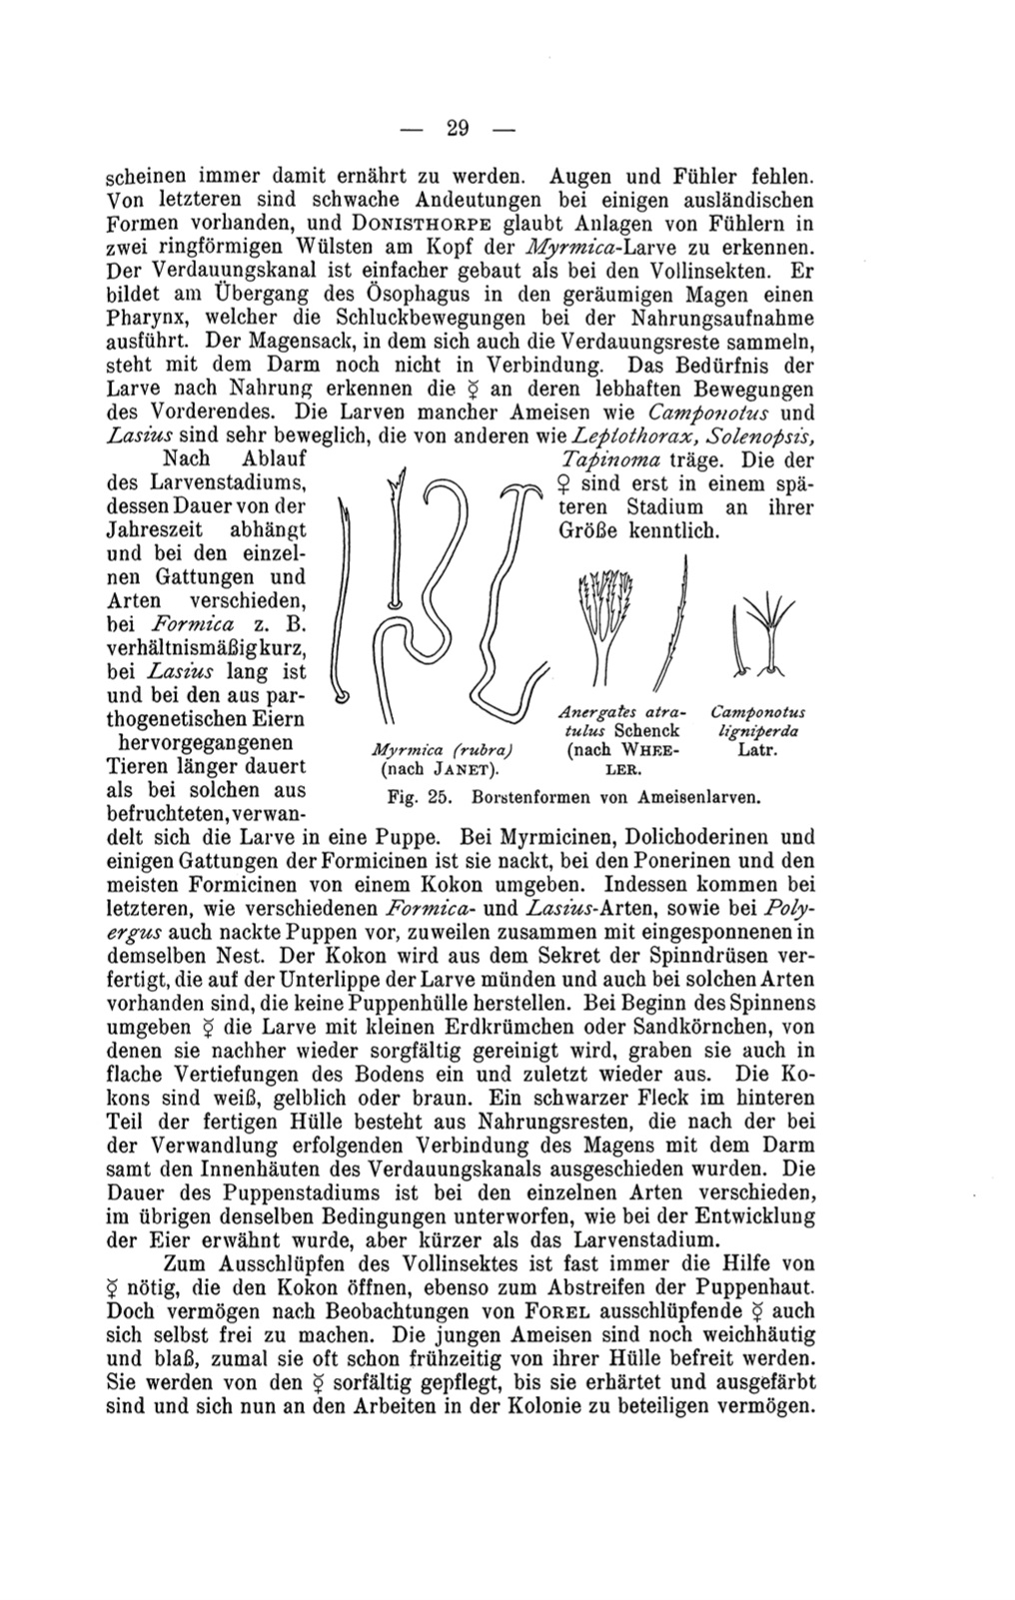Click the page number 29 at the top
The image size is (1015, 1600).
tap(459, 127)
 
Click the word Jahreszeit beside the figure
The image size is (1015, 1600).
tap(162, 529)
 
